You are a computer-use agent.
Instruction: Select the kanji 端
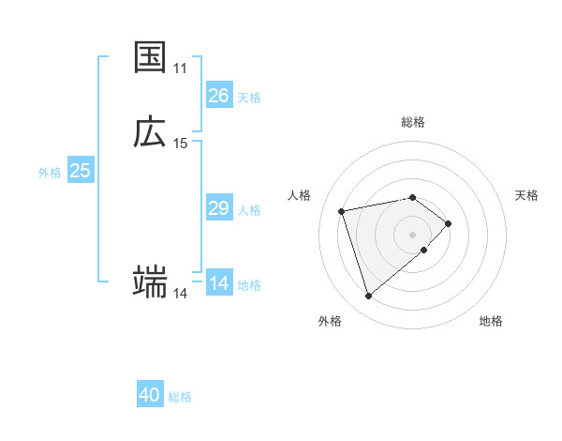tap(150, 281)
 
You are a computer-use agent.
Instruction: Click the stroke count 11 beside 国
tap(181, 68)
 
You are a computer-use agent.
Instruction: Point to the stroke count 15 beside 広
tap(181, 144)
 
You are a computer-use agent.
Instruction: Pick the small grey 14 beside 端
tap(181, 294)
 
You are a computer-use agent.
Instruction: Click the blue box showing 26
tap(218, 96)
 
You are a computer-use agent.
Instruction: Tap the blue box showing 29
tap(218, 208)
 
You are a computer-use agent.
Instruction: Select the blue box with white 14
tap(218, 283)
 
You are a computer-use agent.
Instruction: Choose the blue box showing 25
tap(81, 171)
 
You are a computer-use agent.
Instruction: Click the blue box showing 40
tap(150, 396)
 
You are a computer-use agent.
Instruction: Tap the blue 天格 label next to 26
tap(249, 98)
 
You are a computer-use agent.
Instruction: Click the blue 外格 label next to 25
tap(50, 173)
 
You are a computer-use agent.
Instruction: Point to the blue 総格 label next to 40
tap(181, 398)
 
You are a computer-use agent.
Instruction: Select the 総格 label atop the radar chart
tap(413, 122)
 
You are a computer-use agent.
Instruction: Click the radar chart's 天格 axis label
tap(526, 195)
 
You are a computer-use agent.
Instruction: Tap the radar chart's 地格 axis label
tap(491, 322)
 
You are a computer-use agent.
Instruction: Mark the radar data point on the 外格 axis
tap(368, 297)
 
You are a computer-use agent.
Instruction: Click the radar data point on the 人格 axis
tap(342, 210)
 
